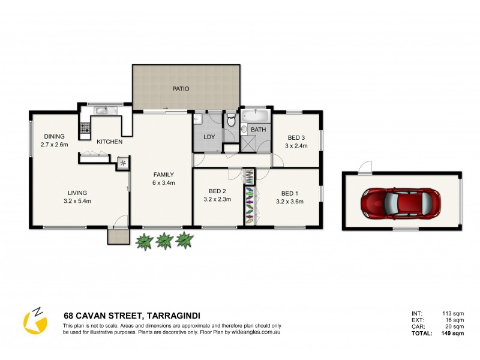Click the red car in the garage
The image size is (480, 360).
click(401, 202)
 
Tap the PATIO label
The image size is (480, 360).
click(181, 89)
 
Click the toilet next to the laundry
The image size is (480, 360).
click(231, 120)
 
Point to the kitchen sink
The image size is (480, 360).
click(101, 110)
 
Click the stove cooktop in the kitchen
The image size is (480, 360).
click(84, 128)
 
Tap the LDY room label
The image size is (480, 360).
click(209, 137)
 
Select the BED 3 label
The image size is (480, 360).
click(296, 137)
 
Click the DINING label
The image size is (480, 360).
click(54, 136)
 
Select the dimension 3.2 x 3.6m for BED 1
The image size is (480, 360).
click(290, 201)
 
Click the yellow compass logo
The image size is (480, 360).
click(35, 322)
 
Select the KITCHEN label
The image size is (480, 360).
click(110, 142)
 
